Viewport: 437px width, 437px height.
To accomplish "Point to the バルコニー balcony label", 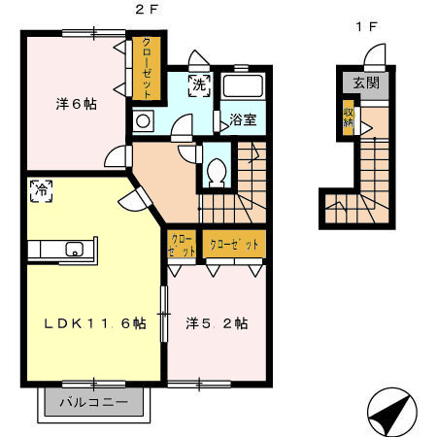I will (x=93, y=402).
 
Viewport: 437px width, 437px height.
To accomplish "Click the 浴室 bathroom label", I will (x=243, y=119).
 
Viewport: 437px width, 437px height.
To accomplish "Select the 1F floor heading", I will (x=366, y=26).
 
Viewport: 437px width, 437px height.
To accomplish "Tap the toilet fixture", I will (x=217, y=172).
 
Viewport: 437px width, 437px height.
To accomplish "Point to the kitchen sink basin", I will (x=75, y=250).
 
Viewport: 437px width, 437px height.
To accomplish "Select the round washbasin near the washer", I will (x=142, y=121).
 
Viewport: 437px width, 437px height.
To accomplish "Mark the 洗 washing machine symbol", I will (x=198, y=84).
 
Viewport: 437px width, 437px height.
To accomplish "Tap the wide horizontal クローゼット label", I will (x=234, y=245).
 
